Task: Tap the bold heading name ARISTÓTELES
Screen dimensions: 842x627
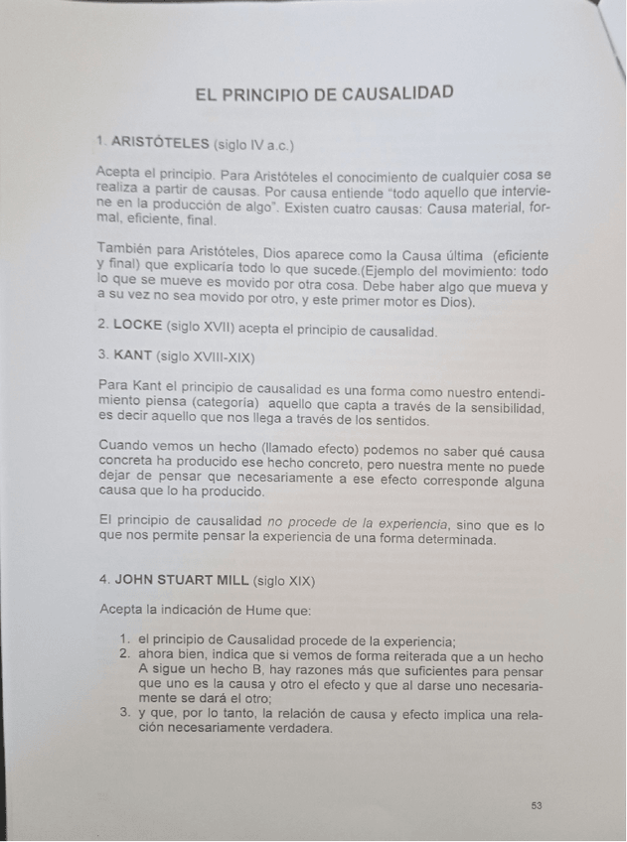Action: pyautogui.click(x=161, y=142)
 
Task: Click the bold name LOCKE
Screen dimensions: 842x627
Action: pyautogui.click(x=137, y=326)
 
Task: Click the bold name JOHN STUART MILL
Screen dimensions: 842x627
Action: pyautogui.click(x=182, y=578)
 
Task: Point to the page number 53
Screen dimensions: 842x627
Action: pyautogui.click(x=537, y=805)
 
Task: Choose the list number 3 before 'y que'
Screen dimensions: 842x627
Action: pyautogui.click(x=125, y=712)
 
